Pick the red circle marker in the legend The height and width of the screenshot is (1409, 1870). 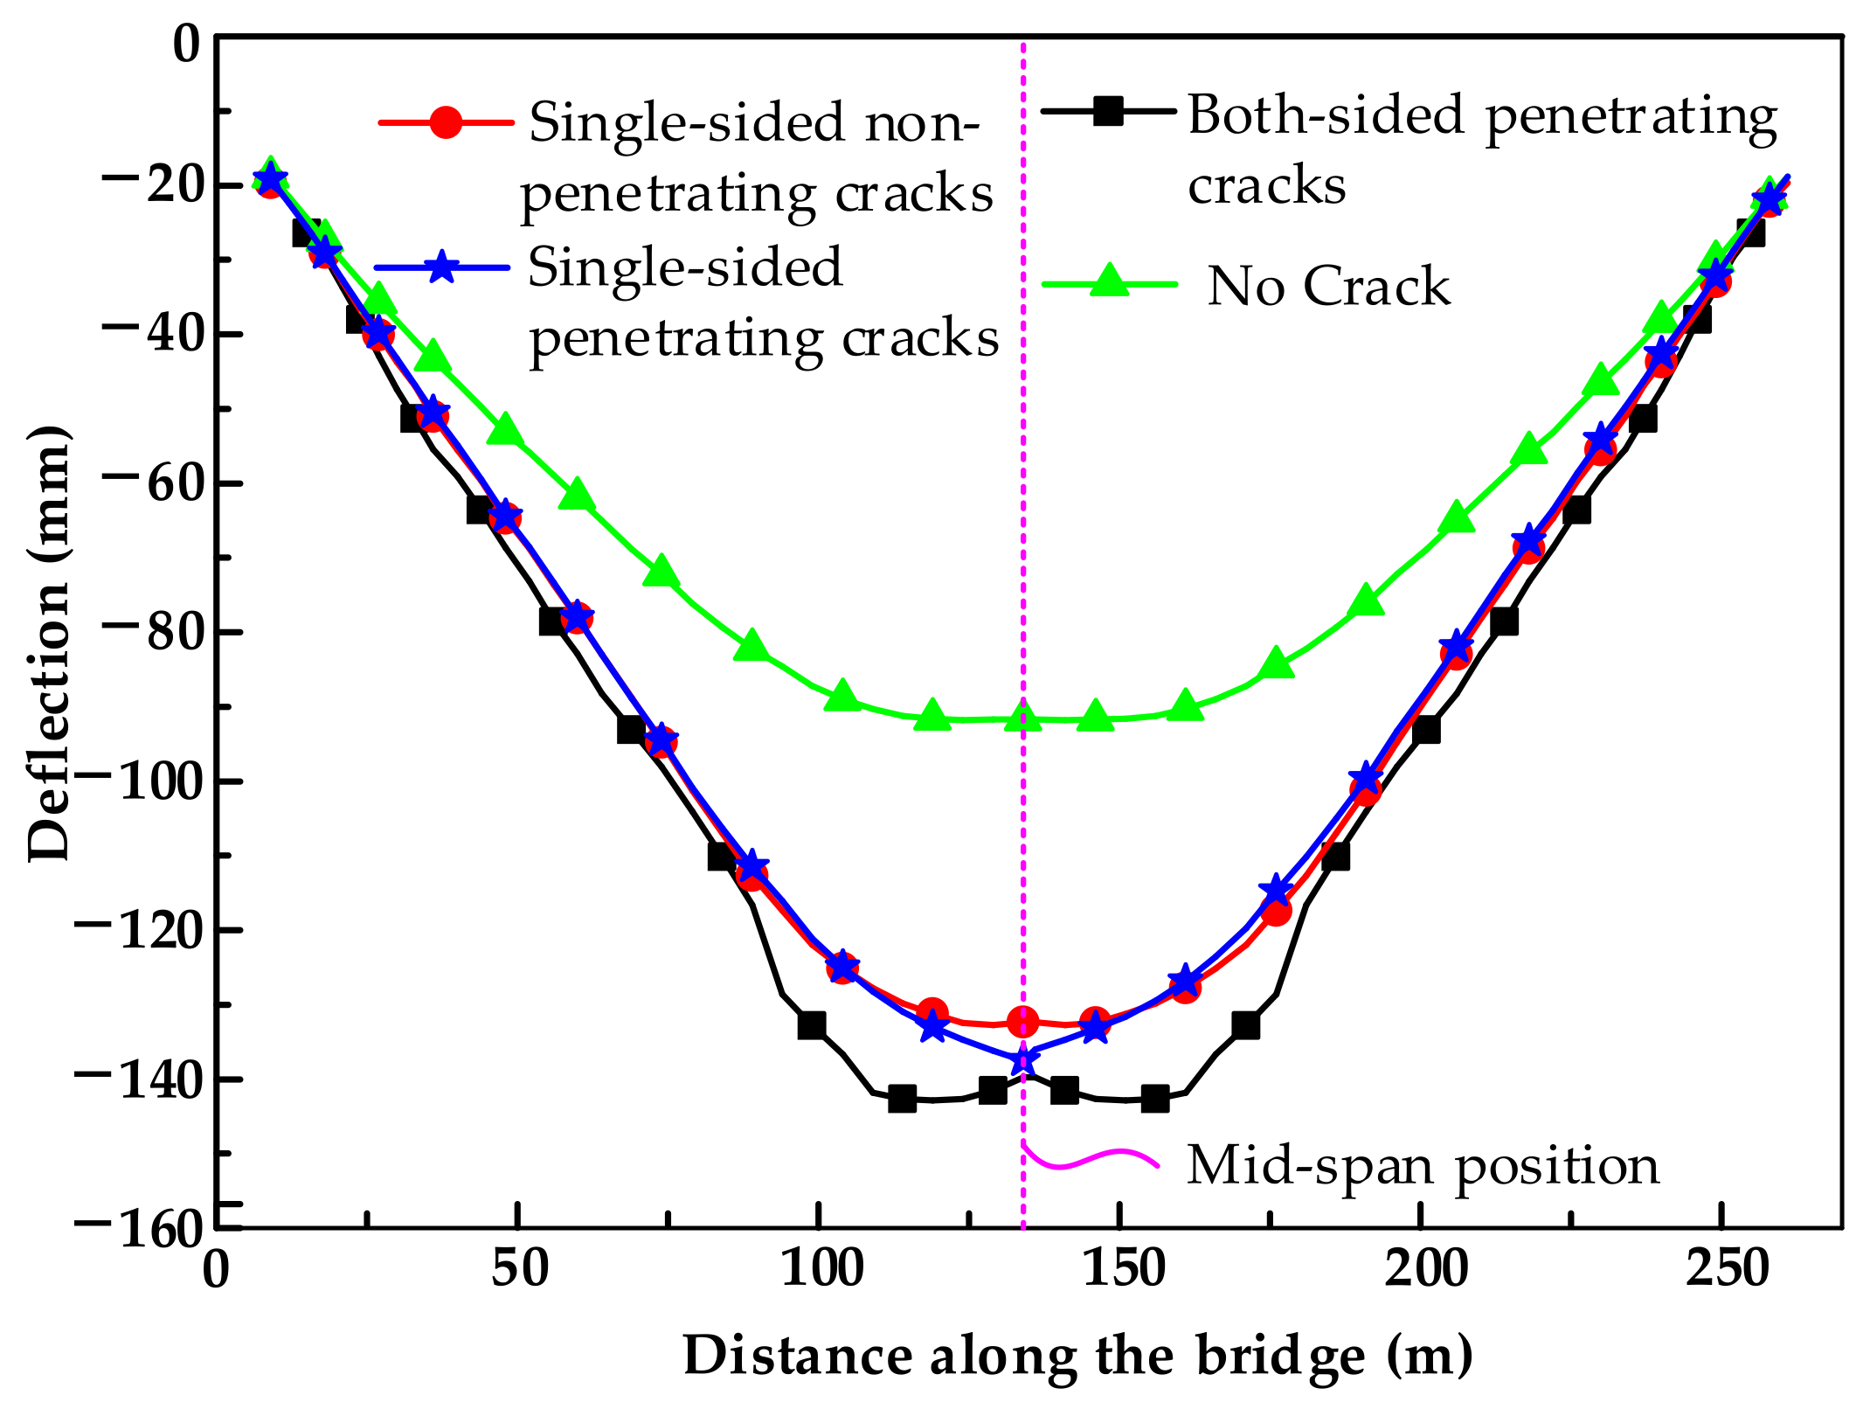(x=446, y=122)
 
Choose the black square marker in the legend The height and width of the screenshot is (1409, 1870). (x=1108, y=111)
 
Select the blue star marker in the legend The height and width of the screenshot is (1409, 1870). (x=443, y=267)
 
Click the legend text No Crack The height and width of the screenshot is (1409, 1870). (x=1328, y=287)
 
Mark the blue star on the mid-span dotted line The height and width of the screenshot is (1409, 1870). (x=1023, y=1059)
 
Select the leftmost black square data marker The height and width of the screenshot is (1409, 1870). (x=306, y=233)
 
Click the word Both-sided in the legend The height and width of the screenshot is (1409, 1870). (x=1325, y=115)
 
